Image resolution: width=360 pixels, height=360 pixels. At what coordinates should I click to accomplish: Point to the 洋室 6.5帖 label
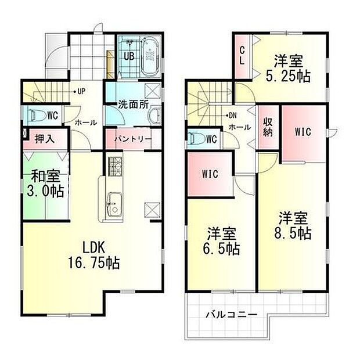pyautogui.click(x=222, y=241)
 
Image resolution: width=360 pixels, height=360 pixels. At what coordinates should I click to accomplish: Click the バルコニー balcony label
pyautogui.click(x=231, y=315)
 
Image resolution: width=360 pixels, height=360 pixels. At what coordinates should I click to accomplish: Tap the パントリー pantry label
pyautogui.click(x=133, y=139)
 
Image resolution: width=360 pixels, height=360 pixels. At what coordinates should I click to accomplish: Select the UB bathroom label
pyautogui.click(x=128, y=56)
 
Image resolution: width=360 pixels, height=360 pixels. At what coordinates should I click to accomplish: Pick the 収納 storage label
pyautogui.click(x=267, y=126)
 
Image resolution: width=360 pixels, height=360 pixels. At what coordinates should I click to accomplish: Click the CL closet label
pyautogui.click(x=242, y=56)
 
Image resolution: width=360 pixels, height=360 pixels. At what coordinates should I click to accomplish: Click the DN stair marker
pyautogui.click(x=232, y=115)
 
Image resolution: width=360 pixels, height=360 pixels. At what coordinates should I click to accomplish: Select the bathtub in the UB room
pyautogui.click(x=149, y=56)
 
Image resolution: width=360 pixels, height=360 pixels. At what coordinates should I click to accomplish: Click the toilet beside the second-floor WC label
pyautogui.click(x=196, y=139)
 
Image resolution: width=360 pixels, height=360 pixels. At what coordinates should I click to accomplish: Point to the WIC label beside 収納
pyautogui.click(x=303, y=132)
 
